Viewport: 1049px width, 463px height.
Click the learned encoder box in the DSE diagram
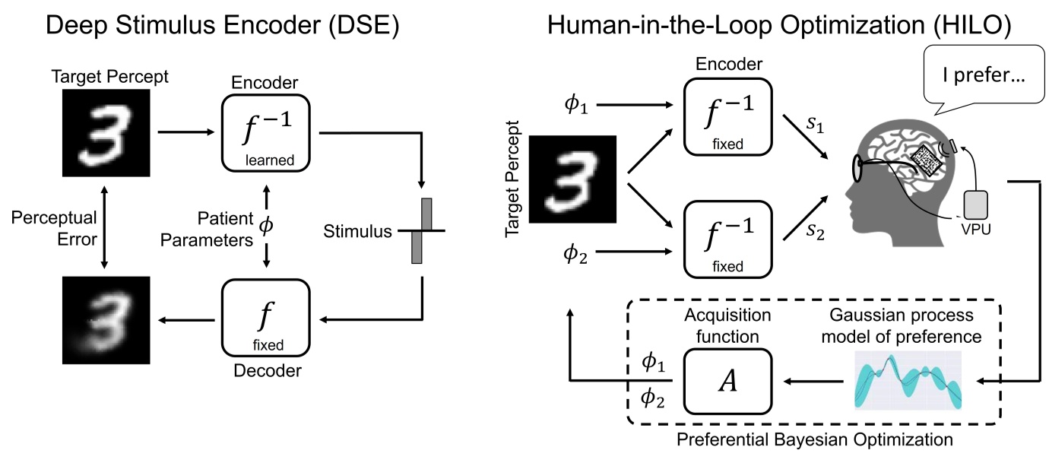[266, 131]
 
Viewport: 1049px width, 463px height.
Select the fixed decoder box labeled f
[266, 319]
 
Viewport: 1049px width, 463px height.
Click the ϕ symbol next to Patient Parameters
[266, 226]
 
